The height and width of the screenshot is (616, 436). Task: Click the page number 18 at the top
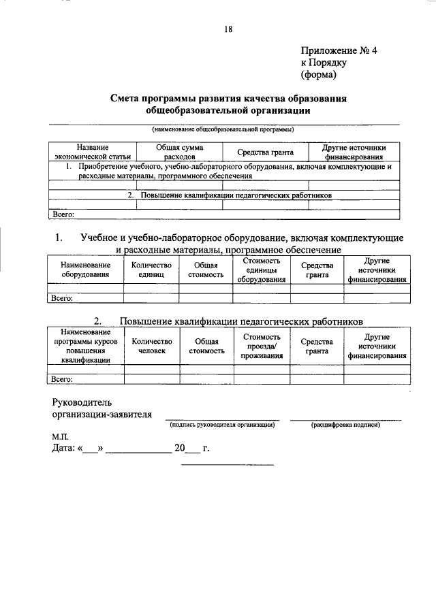228,29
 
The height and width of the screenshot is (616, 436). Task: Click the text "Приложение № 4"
339,51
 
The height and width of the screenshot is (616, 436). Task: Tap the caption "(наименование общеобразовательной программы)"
223,129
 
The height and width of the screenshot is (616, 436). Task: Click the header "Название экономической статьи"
92,151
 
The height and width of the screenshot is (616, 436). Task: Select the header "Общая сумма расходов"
179,151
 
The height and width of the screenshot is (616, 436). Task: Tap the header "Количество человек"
151,346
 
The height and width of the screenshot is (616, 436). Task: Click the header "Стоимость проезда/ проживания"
262,346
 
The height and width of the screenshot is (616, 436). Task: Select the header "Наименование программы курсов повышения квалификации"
84,346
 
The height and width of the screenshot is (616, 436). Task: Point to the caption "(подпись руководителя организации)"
222,425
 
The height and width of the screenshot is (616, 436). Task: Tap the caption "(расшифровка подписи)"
345,425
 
